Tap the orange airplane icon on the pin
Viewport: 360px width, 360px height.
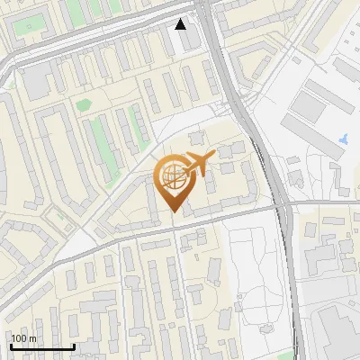tap(198, 163)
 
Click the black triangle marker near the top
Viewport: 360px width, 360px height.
tap(181, 24)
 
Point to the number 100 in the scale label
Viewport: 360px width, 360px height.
tap(19, 338)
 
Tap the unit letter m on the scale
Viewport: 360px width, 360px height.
tap(32, 338)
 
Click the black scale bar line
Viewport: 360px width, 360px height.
tap(41, 346)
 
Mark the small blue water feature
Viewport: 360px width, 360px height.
tap(344, 139)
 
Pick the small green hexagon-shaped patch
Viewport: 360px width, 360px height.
tap(83, 105)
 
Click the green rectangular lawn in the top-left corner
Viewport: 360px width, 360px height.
tap(28, 24)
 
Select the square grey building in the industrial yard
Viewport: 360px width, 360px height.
tap(308, 106)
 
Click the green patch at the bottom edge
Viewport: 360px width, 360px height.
tap(286, 355)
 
